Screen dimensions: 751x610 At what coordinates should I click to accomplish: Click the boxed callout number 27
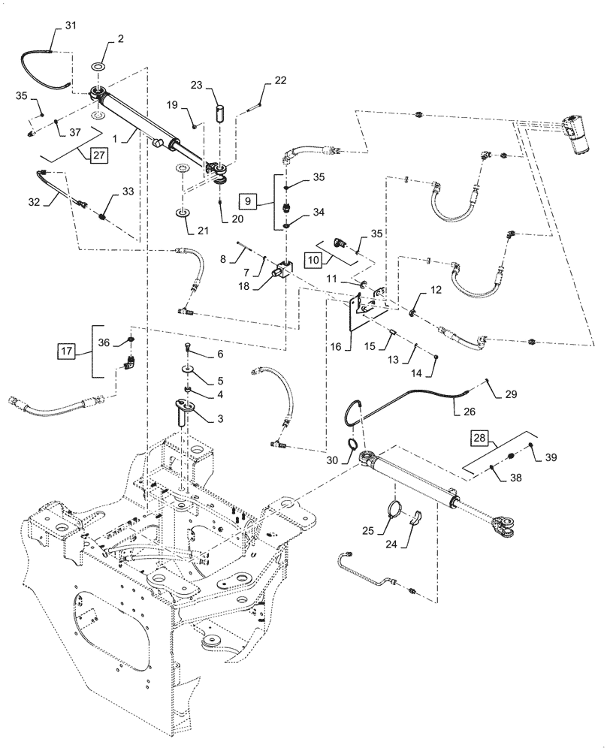pyautogui.click(x=98, y=155)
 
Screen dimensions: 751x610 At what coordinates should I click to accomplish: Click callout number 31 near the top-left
pyautogui.click(x=71, y=26)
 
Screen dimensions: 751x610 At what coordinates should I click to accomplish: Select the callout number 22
pyautogui.click(x=259, y=81)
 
